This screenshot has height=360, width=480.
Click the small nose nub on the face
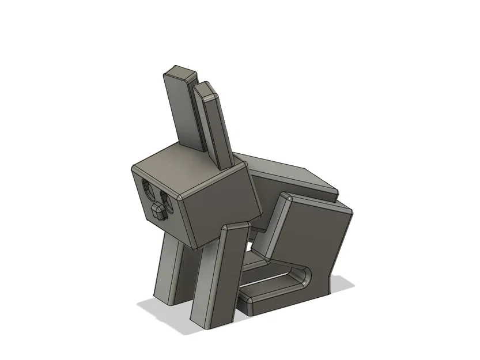pos(158,210)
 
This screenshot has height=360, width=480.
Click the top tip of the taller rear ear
pos(179,71)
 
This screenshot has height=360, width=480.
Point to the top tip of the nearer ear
pos(206,88)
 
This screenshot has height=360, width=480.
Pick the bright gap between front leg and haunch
pos(249,250)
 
